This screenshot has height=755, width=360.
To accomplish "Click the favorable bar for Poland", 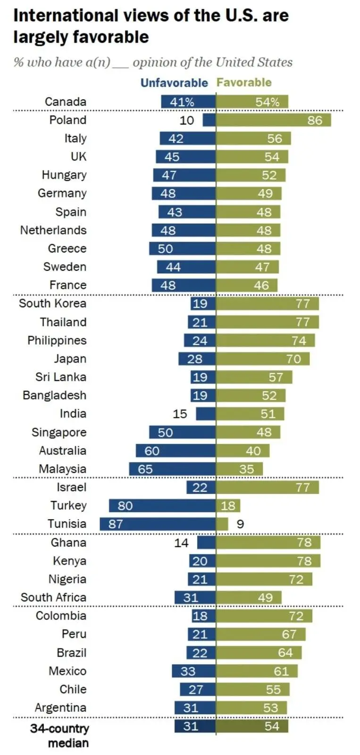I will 273,120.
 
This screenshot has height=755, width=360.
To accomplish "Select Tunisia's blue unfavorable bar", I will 158,524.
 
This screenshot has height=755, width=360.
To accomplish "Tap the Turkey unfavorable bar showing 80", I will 162,506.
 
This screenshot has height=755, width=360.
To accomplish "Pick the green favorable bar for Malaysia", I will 239,469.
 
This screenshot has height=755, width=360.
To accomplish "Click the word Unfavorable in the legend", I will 174,83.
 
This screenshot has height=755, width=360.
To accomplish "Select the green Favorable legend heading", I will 244,83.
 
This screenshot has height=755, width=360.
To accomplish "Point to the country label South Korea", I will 52,303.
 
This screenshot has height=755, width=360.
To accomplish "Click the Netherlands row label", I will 53,230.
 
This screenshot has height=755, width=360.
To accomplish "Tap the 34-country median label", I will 59,735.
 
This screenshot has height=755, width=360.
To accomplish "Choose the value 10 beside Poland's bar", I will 187,120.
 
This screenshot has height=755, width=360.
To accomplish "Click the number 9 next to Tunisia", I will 240,524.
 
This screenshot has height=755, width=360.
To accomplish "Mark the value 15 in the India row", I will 180,414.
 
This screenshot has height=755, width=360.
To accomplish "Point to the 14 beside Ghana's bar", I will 181,543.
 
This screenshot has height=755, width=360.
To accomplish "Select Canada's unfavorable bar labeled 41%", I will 188,102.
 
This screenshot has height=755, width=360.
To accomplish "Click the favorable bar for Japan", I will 263,359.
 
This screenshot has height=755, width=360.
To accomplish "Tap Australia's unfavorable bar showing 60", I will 176,451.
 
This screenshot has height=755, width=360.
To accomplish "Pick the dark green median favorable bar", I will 252,726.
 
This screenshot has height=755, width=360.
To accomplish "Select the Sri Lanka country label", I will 61,377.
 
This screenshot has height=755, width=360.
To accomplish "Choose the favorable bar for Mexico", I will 257,671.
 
